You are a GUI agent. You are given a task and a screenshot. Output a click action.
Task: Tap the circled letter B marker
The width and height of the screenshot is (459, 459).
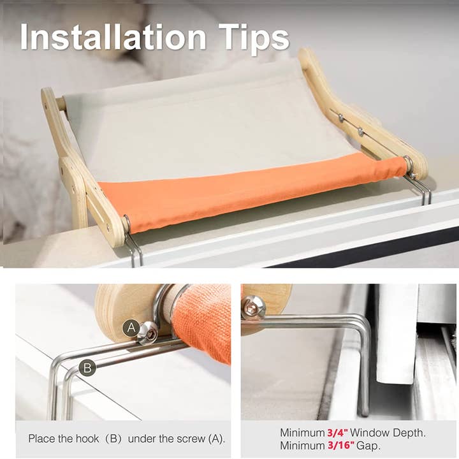[x=88, y=368]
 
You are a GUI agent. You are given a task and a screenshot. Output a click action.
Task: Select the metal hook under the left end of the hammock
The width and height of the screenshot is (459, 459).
[x=133, y=249]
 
